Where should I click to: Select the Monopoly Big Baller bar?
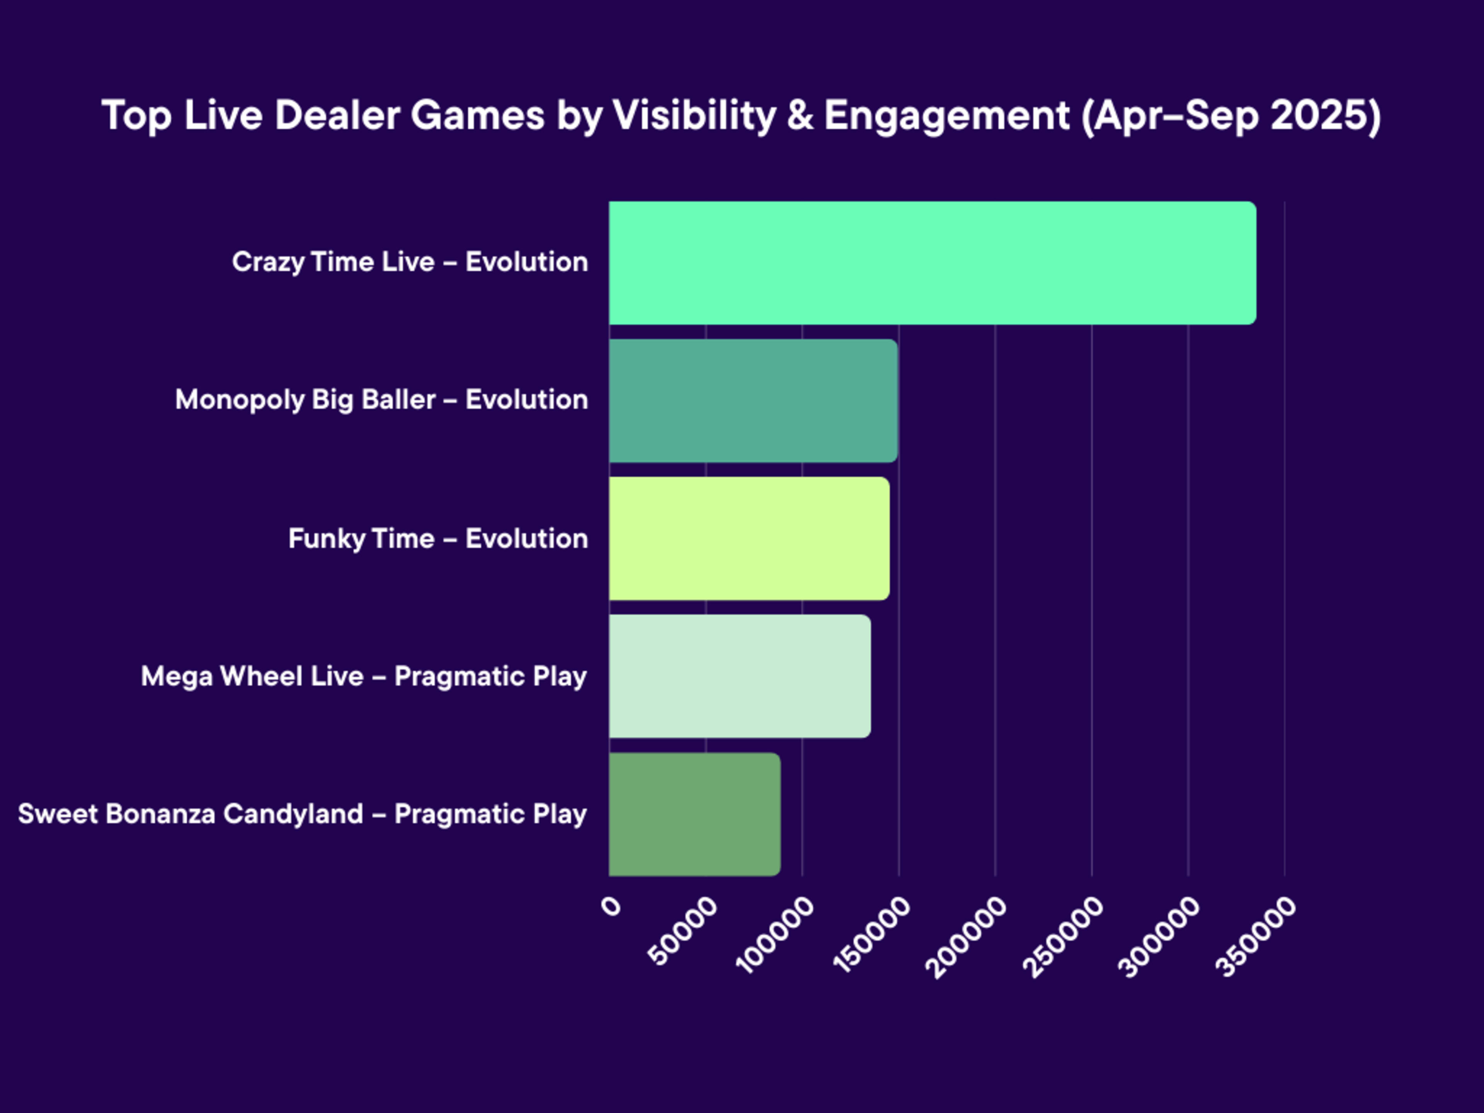754,400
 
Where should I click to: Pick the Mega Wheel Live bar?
740,676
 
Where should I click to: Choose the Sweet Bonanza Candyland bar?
694,814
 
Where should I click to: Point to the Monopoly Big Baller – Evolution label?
381,400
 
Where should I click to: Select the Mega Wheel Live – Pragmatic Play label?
364,676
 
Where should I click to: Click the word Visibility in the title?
694,116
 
